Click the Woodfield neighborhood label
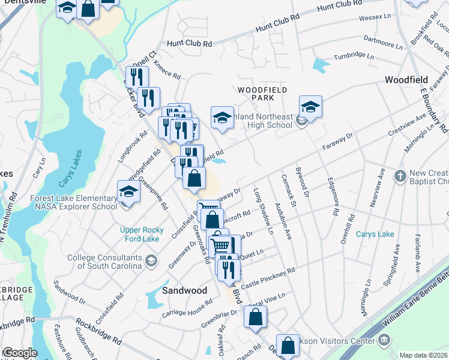click(406, 80)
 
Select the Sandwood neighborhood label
click(185, 290)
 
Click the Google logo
click(19, 353)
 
